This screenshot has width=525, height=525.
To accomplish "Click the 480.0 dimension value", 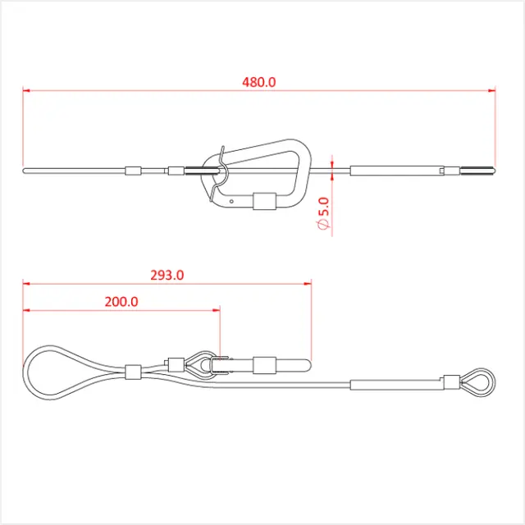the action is pos(259,82).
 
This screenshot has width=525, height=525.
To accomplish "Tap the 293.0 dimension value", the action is pos(167,276).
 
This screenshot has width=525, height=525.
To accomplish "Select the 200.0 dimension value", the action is pos(121,302).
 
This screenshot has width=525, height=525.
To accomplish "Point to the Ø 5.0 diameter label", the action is pos(323,213).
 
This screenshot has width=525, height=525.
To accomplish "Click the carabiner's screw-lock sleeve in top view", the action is pos(264,201).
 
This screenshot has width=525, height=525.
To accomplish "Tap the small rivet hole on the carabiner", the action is pos(231,201).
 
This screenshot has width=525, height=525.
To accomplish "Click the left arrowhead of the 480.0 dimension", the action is pos(26,90).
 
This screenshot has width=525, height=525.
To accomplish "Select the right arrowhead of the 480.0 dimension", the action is pos(491,90).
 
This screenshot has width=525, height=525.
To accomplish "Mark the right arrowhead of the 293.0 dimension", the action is pos(308,284).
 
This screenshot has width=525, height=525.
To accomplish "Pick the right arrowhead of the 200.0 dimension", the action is pos(217,310).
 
